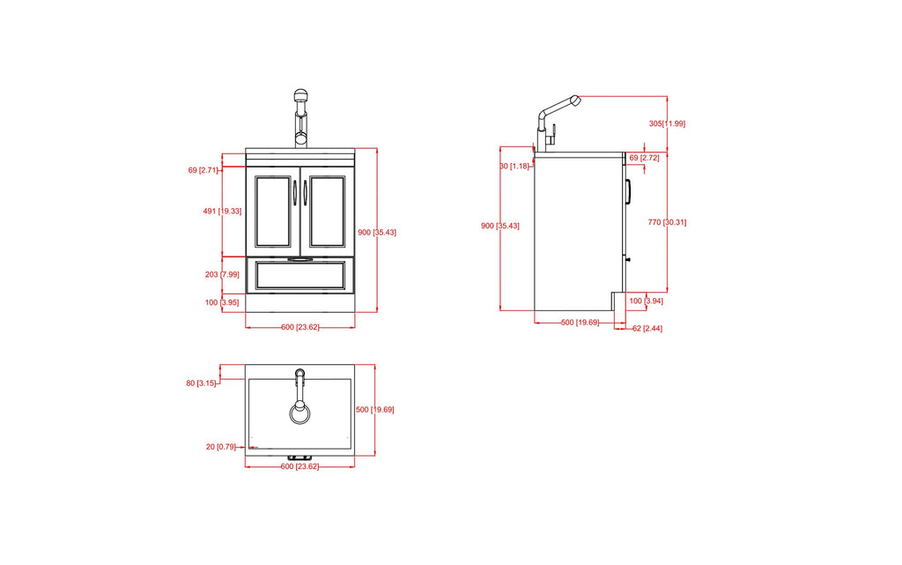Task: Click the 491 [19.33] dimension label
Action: point(222,212)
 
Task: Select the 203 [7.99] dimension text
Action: point(222,275)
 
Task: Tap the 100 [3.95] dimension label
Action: point(222,303)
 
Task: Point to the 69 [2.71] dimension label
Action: point(203,170)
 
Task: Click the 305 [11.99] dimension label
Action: point(666,123)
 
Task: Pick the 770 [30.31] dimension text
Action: point(667,222)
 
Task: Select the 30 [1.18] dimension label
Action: point(514,166)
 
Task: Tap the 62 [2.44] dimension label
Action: point(647,329)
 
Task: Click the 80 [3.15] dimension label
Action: point(201,383)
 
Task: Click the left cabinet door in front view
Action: point(272,211)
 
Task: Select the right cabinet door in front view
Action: point(327,211)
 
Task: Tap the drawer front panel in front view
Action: point(299,277)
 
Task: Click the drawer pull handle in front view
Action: point(299,260)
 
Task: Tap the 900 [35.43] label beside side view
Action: point(499,227)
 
